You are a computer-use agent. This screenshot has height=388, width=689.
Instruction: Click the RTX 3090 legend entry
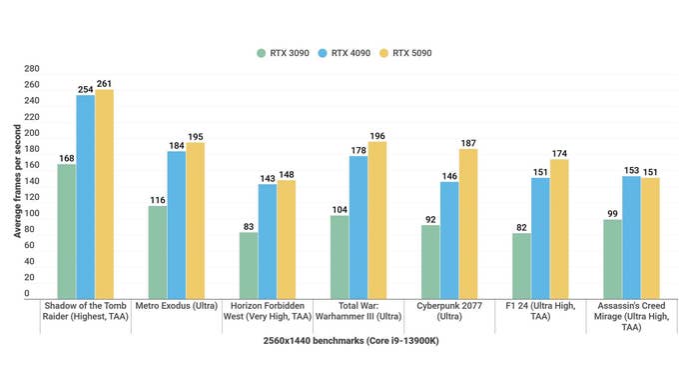(283, 53)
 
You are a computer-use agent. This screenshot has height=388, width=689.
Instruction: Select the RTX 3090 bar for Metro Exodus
(158, 251)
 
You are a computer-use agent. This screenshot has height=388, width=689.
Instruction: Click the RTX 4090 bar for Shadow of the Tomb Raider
(86, 195)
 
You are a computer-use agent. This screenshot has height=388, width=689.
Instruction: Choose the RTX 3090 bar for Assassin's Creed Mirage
(612, 257)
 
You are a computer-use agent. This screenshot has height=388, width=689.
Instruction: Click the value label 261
(104, 82)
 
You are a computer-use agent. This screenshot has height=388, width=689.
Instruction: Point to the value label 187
(468, 142)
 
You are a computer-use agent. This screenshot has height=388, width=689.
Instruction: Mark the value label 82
(521, 226)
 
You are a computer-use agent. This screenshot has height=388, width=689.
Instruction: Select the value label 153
(631, 169)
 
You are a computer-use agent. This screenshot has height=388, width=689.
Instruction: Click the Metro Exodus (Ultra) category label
(176, 305)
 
